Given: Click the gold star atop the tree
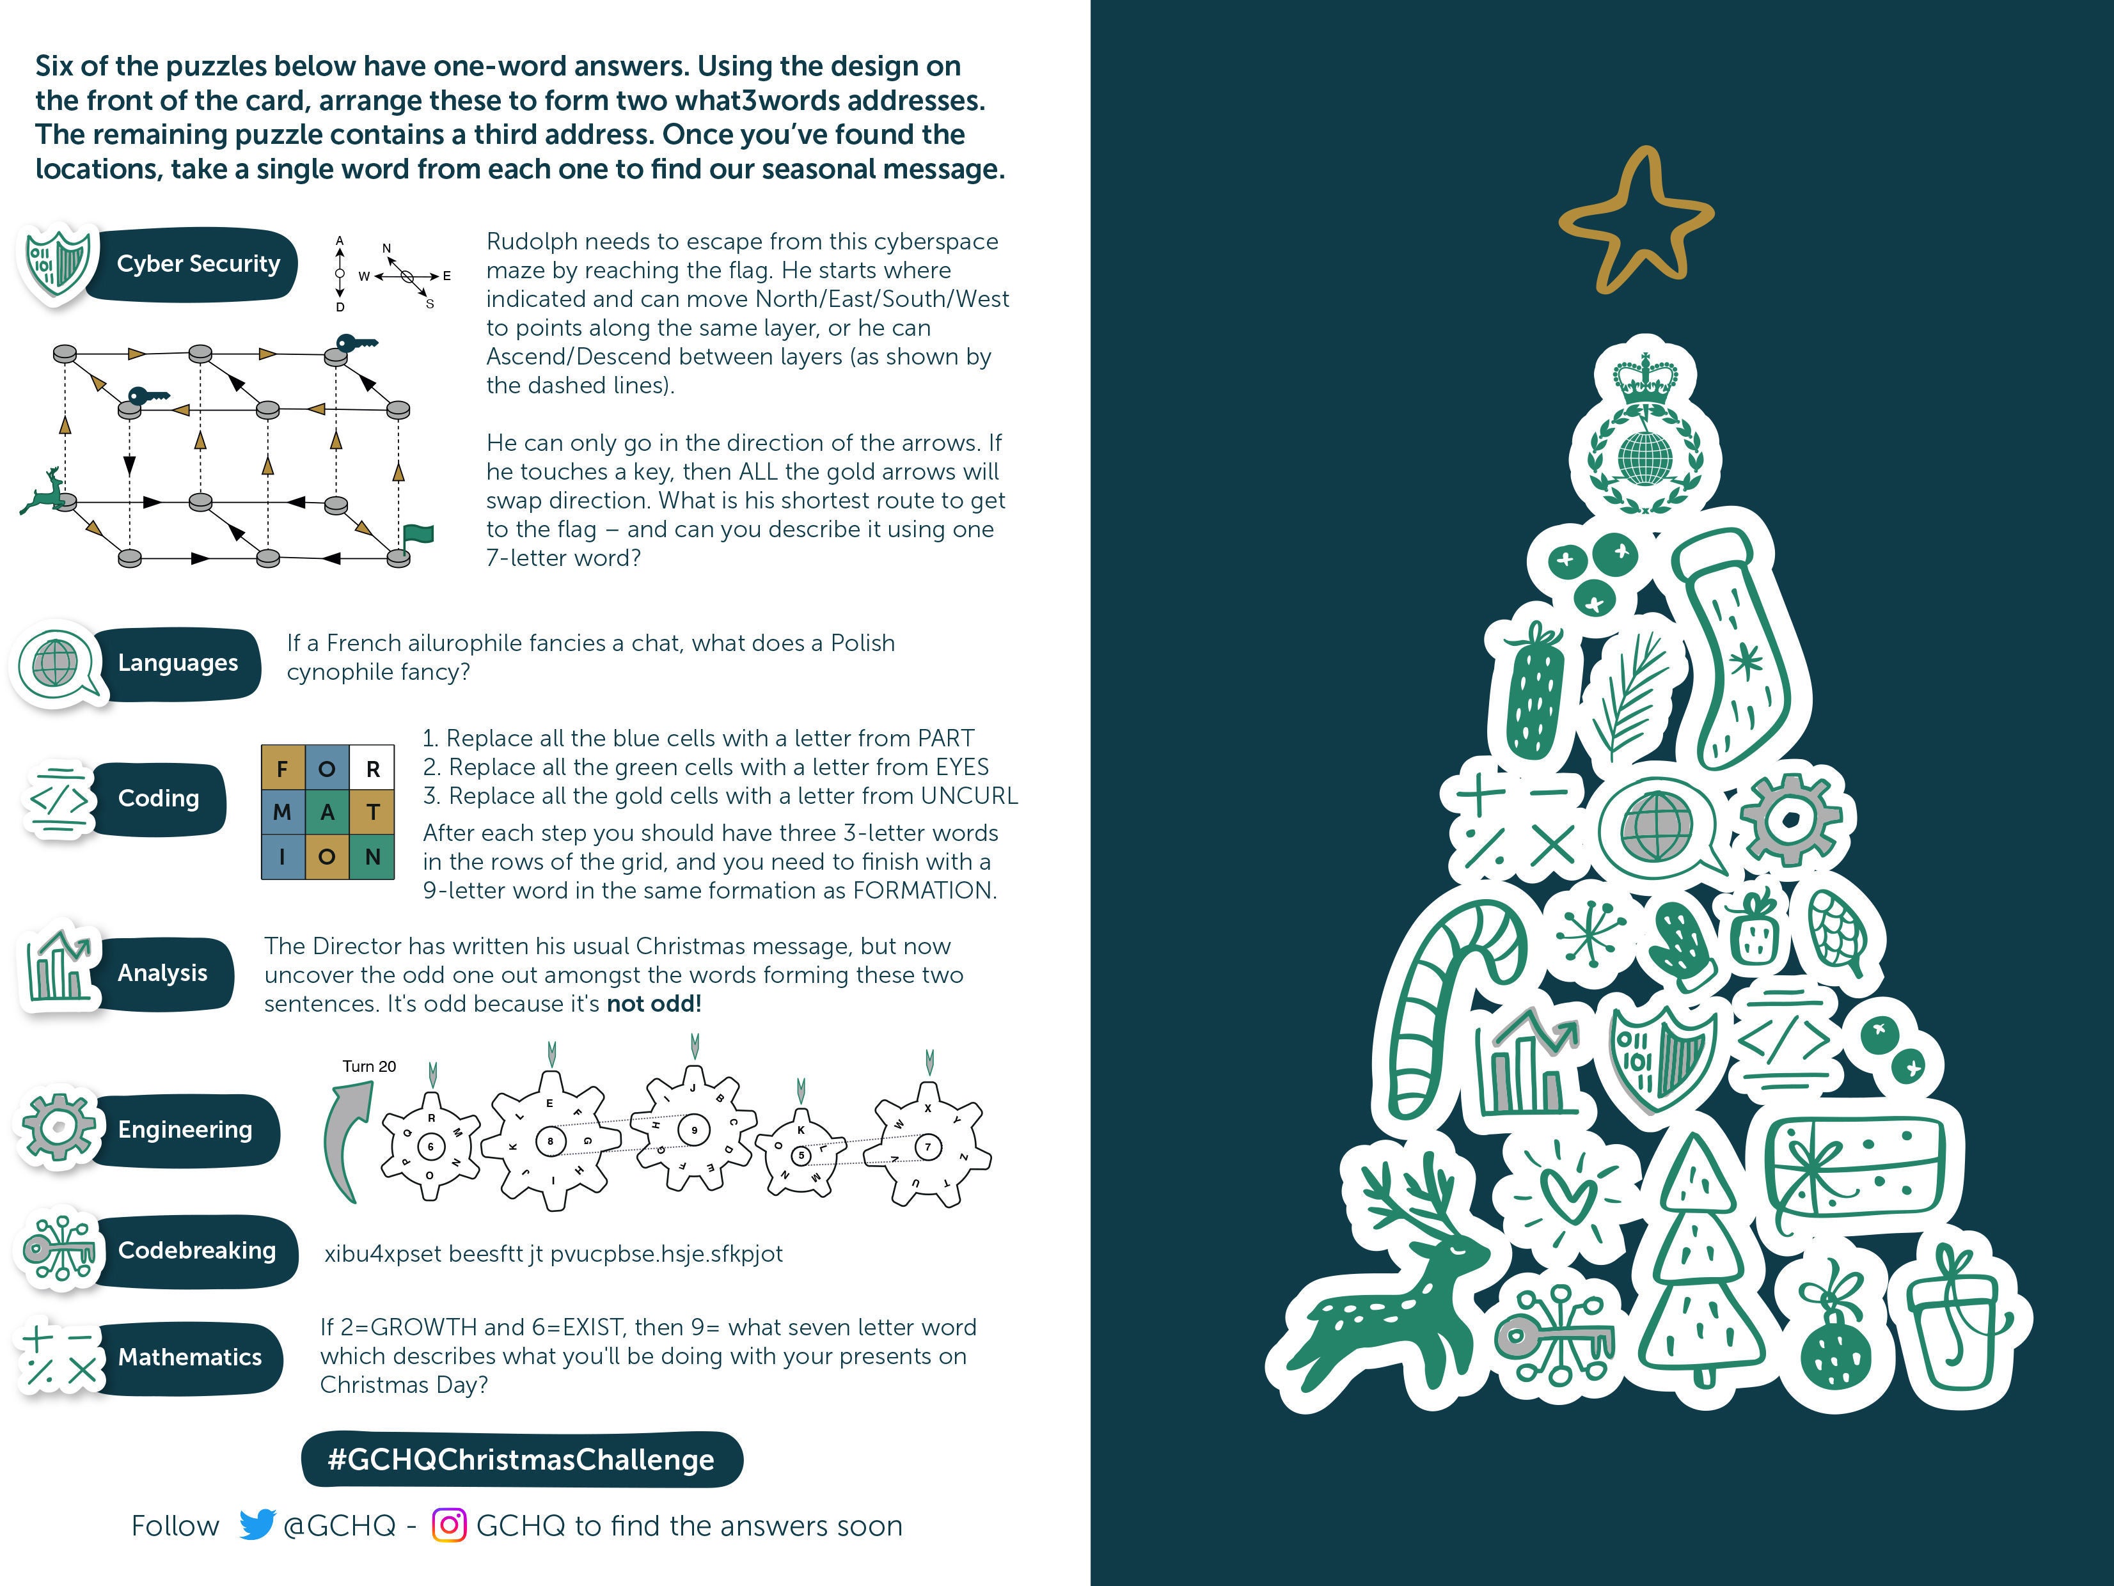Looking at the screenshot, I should tap(1636, 223).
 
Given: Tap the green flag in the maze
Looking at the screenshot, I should tap(418, 535).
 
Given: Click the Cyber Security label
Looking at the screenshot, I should tap(197, 263).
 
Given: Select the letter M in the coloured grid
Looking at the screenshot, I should tap(282, 812).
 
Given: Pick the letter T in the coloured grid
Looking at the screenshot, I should tap(373, 812).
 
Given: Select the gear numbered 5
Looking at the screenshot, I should tap(802, 1154).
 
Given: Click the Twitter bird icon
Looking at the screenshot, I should tap(256, 1525).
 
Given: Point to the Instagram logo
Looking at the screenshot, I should tap(449, 1525).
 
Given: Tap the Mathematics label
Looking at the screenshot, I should tap(189, 1356).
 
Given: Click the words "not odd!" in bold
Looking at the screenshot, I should tap(654, 1004).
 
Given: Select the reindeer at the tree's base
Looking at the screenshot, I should tap(1385, 1290).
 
